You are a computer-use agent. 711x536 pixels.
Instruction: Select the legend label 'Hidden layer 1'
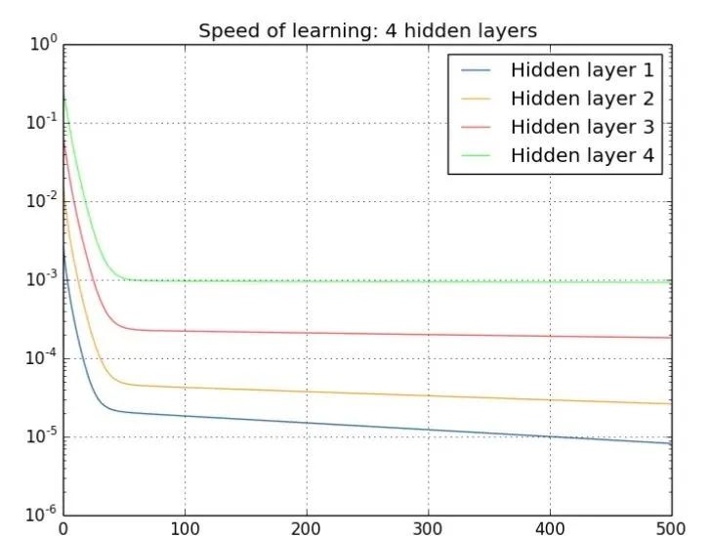pos(581,70)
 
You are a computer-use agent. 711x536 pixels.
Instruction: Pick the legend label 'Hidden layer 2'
pos(581,99)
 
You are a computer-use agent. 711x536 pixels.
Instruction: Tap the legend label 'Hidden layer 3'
pos(581,127)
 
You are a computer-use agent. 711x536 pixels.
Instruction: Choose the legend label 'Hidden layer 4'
pos(581,155)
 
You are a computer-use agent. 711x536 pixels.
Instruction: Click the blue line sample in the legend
pos(477,70)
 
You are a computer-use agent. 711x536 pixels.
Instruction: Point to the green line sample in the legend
pos(477,155)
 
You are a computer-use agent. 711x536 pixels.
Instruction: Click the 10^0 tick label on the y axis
pos(44,44)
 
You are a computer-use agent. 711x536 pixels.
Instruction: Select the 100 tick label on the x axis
pos(185,528)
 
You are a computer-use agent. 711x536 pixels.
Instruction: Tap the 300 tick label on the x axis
pos(428,528)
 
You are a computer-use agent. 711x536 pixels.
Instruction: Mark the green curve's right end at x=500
pos(671,281)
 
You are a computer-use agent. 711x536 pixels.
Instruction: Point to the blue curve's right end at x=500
pos(671,444)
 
